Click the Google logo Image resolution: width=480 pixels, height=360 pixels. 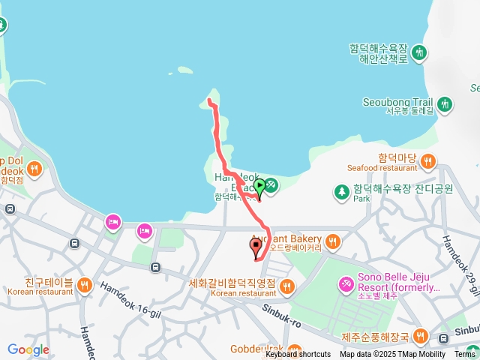tap(28, 349)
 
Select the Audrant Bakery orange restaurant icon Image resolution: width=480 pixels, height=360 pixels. tap(333, 241)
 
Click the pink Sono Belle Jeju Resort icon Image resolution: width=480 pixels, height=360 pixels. tap(346, 283)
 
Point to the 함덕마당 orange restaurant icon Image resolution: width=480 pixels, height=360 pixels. tap(428, 159)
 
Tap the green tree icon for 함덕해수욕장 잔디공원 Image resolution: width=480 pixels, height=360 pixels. tap(342, 192)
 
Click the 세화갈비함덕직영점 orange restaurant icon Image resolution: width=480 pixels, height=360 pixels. tap(287, 285)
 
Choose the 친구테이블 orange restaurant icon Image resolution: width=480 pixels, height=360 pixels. tap(85, 283)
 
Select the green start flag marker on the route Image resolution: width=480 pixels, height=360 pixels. tap(259, 185)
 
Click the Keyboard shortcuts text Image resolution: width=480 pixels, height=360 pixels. tap(298, 355)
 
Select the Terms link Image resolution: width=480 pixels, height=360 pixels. tap(465, 355)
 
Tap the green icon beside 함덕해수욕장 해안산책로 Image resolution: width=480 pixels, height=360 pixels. tap(421, 52)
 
